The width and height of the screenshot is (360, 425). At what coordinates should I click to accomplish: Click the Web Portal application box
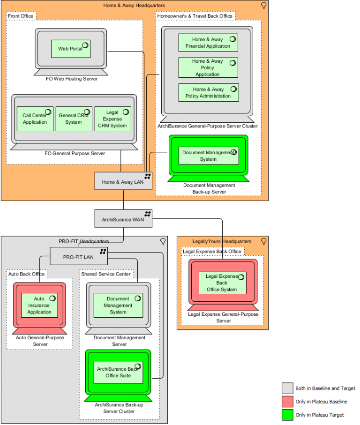point(70,49)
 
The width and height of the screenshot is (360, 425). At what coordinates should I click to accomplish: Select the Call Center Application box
point(35,119)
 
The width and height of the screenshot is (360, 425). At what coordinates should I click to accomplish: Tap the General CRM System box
point(74,119)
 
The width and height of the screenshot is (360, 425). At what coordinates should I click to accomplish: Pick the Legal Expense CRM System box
point(112,119)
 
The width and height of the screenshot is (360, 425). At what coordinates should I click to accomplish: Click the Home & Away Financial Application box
point(208,43)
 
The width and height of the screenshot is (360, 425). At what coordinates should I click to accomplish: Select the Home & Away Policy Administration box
point(208,92)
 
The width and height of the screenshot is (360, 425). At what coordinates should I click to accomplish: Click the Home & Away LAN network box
point(124,181)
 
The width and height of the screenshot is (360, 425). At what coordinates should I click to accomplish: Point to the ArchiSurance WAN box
point(124,218)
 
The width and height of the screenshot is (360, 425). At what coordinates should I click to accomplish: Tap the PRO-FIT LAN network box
point(79,256)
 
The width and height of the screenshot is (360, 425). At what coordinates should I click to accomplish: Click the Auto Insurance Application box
point(39,305)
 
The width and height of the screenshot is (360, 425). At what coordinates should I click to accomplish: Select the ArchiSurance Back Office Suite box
point(118,372)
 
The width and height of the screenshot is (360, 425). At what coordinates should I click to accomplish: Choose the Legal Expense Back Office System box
point(223,283)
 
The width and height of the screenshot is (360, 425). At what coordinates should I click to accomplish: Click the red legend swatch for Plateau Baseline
point(287,402)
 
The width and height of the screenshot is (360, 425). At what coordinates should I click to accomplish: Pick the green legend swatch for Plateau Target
point(287,415)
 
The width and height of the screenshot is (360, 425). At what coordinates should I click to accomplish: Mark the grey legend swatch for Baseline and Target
point(287,388)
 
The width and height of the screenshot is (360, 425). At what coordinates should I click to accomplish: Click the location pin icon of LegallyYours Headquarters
point(263,241)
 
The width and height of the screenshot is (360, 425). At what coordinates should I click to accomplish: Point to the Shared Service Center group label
point(106,274)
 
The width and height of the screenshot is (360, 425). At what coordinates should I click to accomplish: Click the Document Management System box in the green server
point(208,156)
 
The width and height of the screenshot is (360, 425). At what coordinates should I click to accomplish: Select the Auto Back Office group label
point(27,274)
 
